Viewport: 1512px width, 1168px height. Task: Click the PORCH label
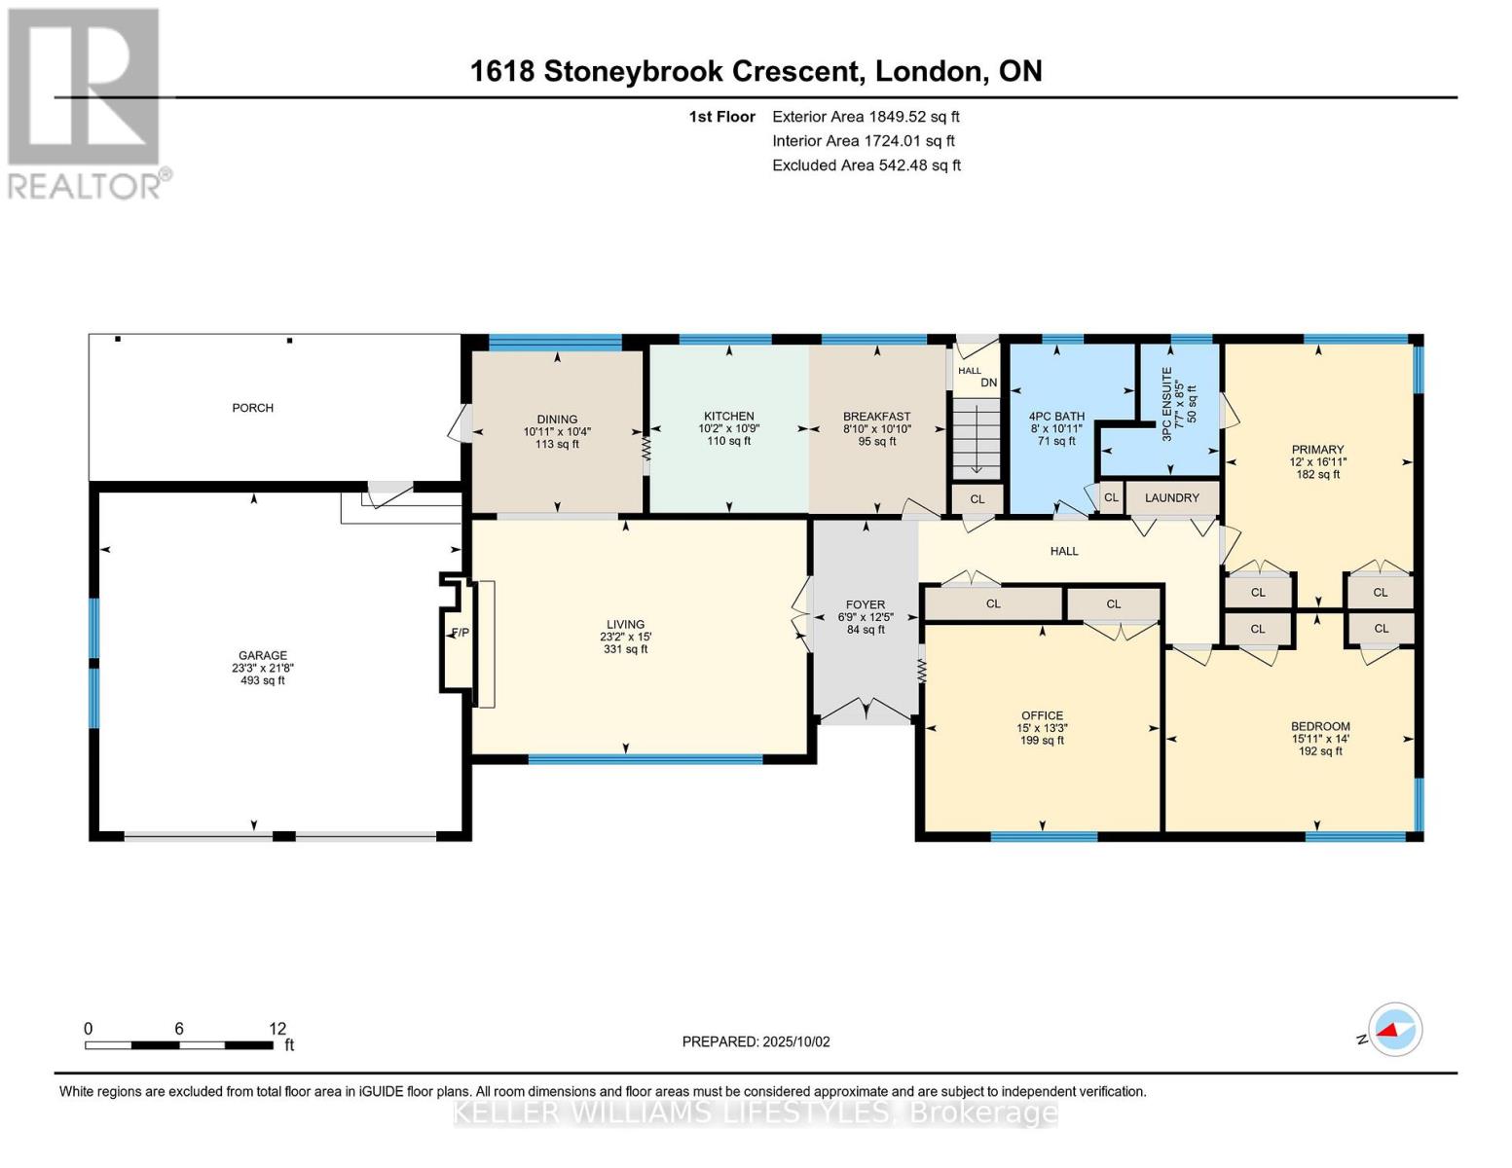(x=252, y=408)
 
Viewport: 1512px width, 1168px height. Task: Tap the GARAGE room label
(x=262, y=655)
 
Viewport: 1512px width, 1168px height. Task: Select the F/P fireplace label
(x=461, y=633)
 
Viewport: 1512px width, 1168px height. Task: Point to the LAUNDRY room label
(x=1172, y=498)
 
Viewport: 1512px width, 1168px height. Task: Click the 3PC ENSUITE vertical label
(x=1167, y=404)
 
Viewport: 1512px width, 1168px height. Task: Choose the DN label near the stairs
(x=989, y=383)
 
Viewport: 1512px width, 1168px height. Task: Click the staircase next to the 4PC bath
(x=976, y=439)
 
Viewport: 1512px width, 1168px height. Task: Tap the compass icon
(x=1394, y=1030)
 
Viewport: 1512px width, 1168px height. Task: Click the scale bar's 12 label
(x=277, y=1029)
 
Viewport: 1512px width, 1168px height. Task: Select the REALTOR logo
(x=89, y=103)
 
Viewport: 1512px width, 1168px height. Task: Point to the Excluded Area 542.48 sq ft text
(x=867, y=165)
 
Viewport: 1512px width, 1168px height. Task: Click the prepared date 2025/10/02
(x=796, y=1041)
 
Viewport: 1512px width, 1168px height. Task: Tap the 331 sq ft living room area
(x=625, y=649)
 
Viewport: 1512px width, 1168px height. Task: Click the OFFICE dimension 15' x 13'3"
(x=1042, y=728)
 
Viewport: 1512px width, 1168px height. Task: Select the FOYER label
(x=866, y=604)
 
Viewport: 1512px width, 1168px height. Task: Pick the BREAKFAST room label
(x=876, y=417)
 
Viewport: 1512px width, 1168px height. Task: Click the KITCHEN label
(x=728, y=416)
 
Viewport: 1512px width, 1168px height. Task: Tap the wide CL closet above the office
(x=993, y=603)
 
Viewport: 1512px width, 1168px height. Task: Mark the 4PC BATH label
(x=1056, y=417)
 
